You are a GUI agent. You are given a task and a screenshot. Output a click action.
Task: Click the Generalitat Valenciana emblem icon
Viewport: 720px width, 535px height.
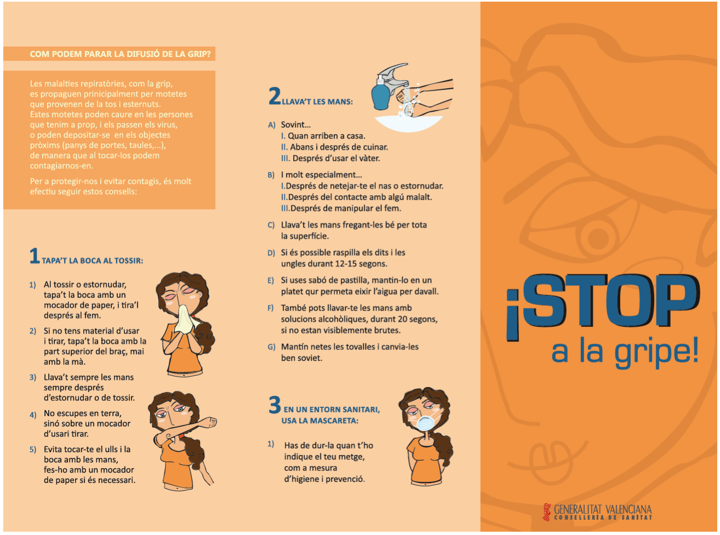point(547,511)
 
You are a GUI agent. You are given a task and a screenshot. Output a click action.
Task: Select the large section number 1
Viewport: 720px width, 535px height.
point(35,256)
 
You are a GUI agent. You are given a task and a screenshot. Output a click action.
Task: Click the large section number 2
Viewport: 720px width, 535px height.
point(275,96)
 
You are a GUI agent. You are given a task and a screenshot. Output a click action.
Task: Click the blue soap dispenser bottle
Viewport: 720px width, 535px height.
point(381,93)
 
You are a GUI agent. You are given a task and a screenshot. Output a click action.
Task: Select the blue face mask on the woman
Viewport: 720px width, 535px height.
point(427,423)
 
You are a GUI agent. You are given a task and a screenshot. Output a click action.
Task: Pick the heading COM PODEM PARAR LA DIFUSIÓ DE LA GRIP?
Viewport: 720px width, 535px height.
point(120,54)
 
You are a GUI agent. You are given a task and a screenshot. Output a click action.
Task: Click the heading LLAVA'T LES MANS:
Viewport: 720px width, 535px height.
point(317,101)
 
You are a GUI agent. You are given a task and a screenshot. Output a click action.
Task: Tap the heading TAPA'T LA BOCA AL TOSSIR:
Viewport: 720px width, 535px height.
point(93,261)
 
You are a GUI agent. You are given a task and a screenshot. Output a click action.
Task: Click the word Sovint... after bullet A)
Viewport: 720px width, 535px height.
point(296,125)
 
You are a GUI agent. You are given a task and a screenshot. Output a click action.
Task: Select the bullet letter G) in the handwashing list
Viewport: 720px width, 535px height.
point(271,347)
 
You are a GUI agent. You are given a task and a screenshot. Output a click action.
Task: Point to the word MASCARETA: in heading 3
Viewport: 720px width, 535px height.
point(334,421)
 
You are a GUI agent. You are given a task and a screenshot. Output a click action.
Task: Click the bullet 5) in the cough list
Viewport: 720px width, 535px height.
point(33,450)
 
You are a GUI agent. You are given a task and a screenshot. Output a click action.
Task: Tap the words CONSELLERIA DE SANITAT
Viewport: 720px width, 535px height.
point(603,517)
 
